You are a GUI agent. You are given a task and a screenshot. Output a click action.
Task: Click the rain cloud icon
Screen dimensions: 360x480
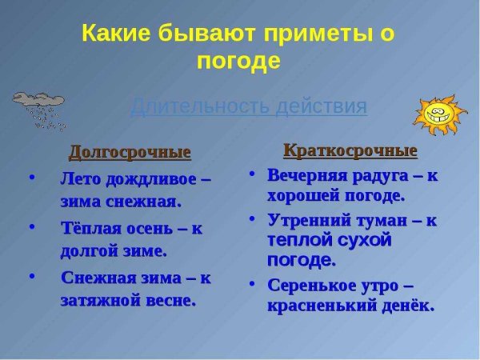tap(38, 109)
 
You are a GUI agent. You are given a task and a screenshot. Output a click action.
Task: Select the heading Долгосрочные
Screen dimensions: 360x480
tap(130, 152)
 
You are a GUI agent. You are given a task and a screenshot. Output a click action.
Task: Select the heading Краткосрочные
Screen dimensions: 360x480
tap(350, 150)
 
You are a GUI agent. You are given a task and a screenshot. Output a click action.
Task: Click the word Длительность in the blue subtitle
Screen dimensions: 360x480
tap(196, 106)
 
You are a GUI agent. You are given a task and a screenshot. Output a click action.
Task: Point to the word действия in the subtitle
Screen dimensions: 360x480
tap(320, 106)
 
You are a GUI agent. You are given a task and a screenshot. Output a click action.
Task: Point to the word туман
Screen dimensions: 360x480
tap(386, 218)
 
